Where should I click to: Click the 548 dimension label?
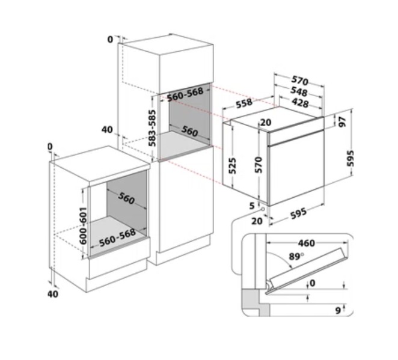(x=299, y=91)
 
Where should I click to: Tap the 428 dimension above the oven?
(x=300, y=103)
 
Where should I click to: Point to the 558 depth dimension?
(x=244, y=103)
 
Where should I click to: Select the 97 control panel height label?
(x=343, y=122)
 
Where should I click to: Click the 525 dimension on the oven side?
(x=232, y=166)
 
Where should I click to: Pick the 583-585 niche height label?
(x=152, y=128)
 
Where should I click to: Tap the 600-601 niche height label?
(x=83, y=225)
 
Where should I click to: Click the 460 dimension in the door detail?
(x=307, y=243)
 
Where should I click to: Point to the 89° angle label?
(x=296, y=257)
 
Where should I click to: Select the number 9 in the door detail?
(x=338, y=310)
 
